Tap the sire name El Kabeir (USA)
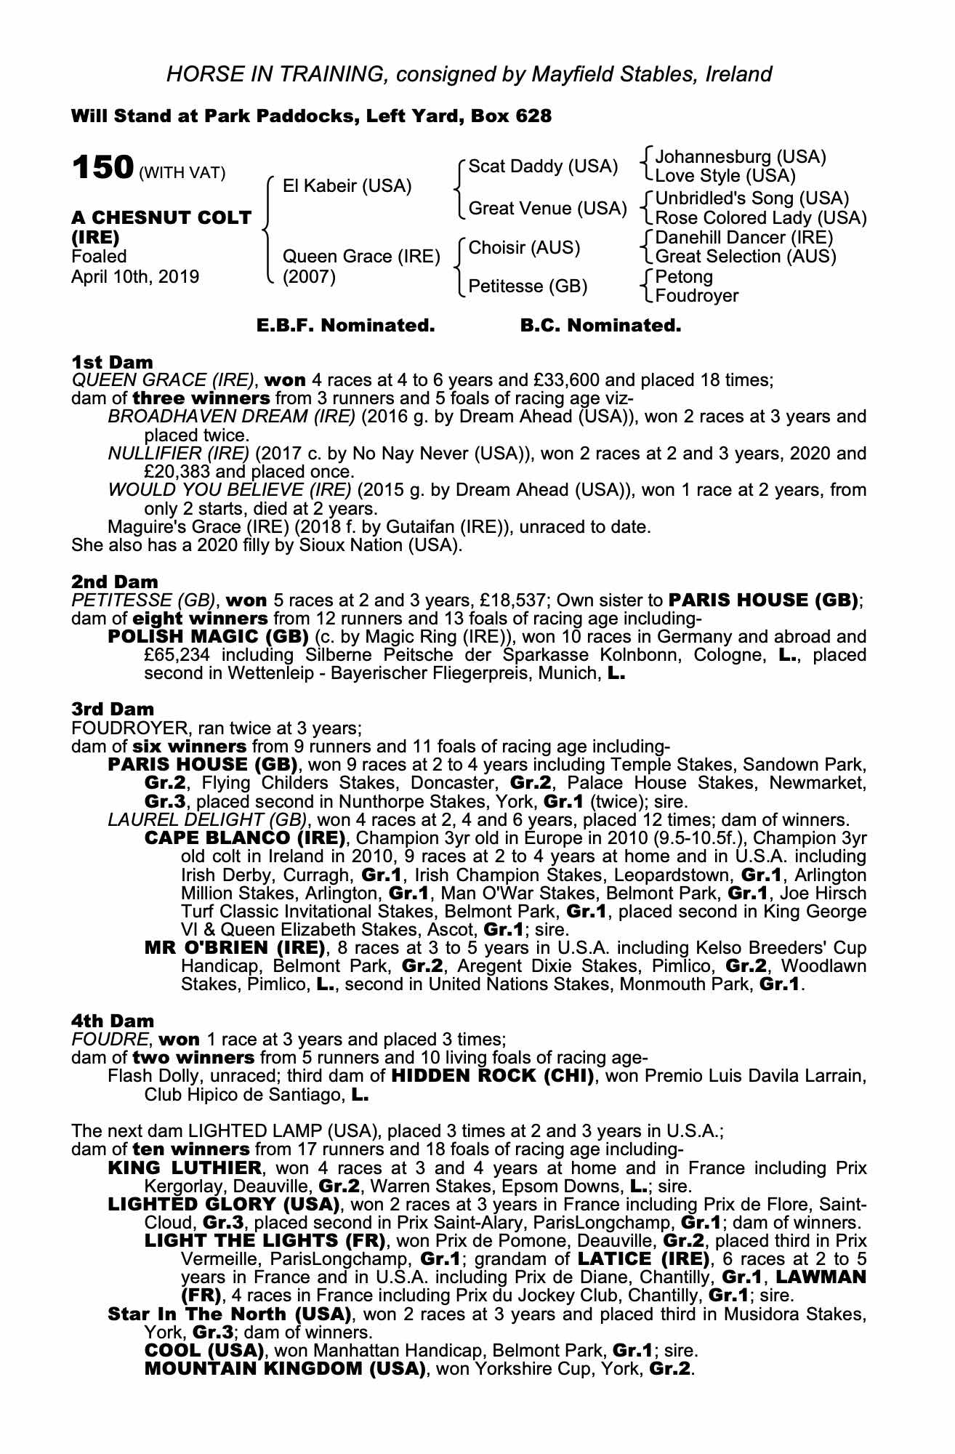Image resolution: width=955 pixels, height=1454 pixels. tap(347, 186)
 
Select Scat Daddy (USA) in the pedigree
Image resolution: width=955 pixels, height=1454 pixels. tap(543, 166)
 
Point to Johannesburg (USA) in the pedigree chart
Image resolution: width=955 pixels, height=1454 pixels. tap(740, 157)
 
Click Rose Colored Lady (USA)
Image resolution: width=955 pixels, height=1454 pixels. tap(760, 218)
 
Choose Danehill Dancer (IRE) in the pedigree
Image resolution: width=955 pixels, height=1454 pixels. tap(744, 238)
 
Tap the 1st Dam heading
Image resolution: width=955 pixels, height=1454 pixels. tap(112, 362)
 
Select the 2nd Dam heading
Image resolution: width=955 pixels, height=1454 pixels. tap(114, 582)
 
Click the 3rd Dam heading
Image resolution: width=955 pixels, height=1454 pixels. tap(113, 709)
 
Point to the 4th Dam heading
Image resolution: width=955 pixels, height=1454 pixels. tap(113, 1021)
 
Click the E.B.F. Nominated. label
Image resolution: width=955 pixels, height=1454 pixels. tap(345, 326)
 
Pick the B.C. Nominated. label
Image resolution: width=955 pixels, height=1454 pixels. tap(600, 326)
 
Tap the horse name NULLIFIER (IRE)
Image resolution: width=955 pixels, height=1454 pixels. tap(178, 454)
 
